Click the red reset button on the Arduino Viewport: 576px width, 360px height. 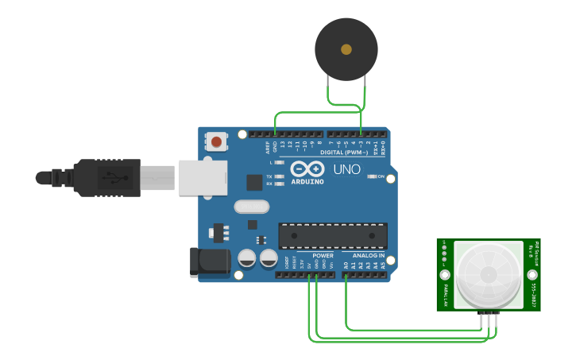pos(215,142)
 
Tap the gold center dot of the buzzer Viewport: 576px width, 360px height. pos(346,49)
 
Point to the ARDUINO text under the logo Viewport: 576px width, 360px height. pos(307,181)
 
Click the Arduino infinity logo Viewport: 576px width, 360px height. pos(307,168)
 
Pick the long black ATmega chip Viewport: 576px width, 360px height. pos(333,236)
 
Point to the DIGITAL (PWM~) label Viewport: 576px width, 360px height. pos(342,152)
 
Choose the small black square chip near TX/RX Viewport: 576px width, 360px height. pos(254,182)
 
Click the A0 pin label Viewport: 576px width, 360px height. pos(346,265)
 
